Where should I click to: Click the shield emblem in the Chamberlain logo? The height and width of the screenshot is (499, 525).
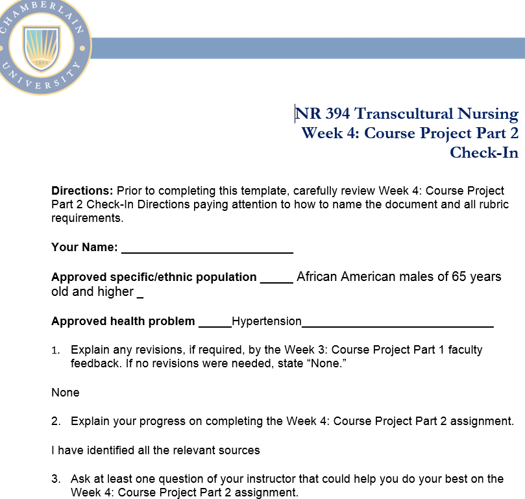click(42, 47)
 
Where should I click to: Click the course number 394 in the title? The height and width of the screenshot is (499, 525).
click(337, 114)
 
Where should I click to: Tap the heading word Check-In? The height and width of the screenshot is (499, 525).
click(484, 152)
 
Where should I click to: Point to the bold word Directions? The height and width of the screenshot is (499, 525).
click(82, 191)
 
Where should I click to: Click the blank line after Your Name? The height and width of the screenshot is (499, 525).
click(207, 248)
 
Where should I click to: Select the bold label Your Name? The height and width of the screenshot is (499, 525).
click(84, 247)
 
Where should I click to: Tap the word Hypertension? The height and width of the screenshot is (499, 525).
click(267, 321)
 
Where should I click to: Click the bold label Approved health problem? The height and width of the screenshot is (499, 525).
click(123, 321)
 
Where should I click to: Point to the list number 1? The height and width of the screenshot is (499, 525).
click(56, 350)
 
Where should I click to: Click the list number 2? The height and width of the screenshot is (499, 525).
click(56, 421)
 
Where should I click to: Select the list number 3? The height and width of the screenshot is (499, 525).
click(56, 479)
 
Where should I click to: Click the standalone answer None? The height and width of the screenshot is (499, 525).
click(66, 393)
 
